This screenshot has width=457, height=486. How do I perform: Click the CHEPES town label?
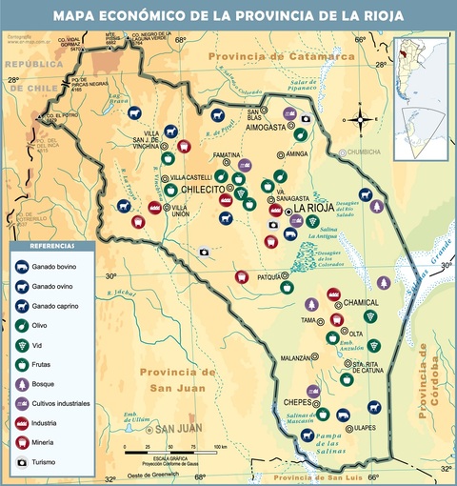click(297, 402)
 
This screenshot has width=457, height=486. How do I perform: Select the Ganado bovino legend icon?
click(22, 265)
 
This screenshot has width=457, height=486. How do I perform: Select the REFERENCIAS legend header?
click(52, 246)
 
